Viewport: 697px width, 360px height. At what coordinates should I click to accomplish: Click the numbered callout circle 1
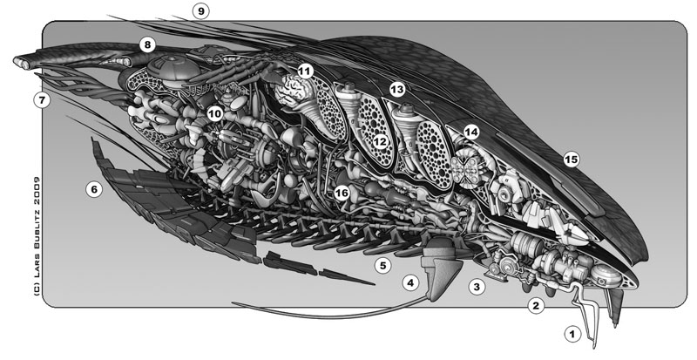click(572, 333)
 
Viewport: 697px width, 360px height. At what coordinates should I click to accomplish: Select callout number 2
click(537, 305)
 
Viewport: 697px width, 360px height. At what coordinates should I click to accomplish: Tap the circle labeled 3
click(477, 285)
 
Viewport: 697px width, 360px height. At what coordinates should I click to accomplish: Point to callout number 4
click(410, 282)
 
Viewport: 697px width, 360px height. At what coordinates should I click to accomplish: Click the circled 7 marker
click(40, 100)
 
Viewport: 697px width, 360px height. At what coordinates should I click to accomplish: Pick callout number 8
click(147, 44)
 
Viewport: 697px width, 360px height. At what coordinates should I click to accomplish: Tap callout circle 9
click(202, 11)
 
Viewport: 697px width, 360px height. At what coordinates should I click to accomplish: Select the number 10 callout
click(215, 114)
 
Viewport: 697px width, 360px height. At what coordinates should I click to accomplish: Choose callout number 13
click(397, 89)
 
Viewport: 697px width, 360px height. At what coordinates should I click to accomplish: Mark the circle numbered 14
click(471, 132)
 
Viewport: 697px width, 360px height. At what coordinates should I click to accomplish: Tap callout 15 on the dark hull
click(572, 159)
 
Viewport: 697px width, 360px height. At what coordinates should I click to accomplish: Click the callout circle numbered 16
click(342, 192)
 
